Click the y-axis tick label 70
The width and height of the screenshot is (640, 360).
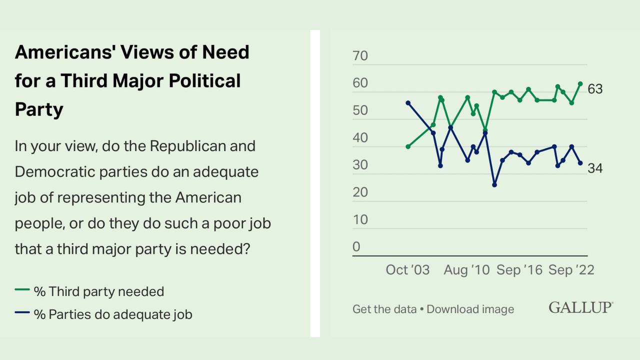[x=360, y=56]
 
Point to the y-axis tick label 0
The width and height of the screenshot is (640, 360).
[x=356, y=247]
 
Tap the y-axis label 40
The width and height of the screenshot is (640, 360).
[x=360, y=138]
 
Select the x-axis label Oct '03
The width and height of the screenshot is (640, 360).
[x=407, y=270]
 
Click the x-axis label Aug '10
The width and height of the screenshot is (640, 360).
[x=467, y=270]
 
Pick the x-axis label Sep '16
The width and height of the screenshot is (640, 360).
[x=519, y=270]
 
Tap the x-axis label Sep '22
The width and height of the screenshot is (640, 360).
[x=571, y=270]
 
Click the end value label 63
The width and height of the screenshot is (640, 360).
[x=595, y=89]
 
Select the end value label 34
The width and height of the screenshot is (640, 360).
[x=595, y=168]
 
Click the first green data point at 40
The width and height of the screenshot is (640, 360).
[x=408, y=146]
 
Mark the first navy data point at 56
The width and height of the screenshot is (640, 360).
[x=408, y=103]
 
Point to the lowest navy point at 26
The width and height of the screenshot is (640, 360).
[x=494, y=185]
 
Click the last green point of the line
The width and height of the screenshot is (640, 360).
[x=580, y=84]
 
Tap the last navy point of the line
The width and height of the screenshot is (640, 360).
[x=580, y=163]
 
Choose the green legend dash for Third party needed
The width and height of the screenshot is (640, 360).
[x=22, y=290]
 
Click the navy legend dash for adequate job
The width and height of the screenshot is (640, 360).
[x=22, y=313]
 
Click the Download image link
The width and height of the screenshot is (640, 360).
[x=470, y=309]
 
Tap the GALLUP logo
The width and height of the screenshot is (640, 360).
[x=581, y=307]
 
